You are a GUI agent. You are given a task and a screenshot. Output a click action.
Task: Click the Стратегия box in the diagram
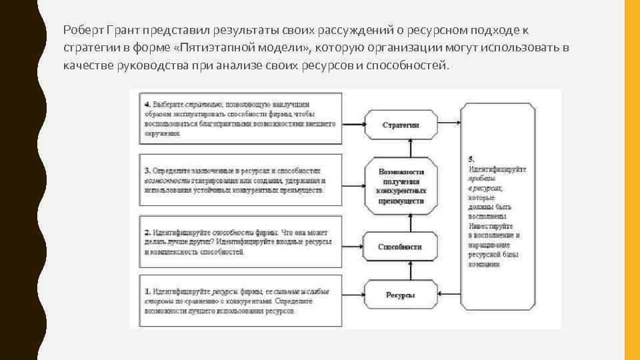click(x=401, y=125)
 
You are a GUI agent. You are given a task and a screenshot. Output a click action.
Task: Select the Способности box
click(x=400, y=247)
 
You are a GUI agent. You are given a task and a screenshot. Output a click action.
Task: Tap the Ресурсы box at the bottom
click(x=400, y=295)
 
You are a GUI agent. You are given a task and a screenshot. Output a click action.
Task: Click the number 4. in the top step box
click(x=147, y=105)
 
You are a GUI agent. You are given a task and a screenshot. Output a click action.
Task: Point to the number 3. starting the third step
click(x=147, y=171)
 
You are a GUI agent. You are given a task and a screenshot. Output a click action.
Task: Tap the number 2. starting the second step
click(x=147, y=232)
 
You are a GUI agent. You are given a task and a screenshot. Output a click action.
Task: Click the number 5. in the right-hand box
click(x=471, y=159)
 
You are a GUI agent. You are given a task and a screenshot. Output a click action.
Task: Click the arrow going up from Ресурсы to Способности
click(x=400, y=271)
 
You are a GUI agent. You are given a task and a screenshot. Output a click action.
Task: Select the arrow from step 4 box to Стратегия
click(x=353, y=125)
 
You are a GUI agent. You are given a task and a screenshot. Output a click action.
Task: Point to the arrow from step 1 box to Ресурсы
click(x=353, y=295)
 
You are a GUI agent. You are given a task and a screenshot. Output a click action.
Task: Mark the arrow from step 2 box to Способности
click(x=353, y=246)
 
